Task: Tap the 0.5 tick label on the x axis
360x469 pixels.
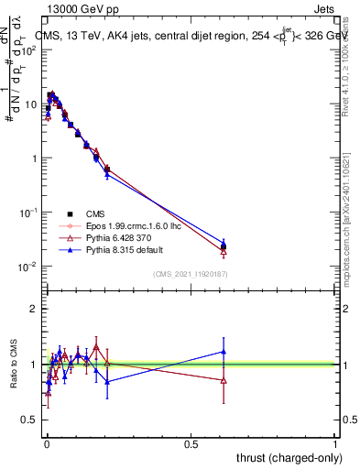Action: point(191,444)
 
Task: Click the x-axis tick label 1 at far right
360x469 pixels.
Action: point(335,444)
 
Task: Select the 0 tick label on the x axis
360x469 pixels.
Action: point(46,444)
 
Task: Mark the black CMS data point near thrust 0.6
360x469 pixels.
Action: point(224,246)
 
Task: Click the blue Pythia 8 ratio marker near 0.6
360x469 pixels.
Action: point(224,351)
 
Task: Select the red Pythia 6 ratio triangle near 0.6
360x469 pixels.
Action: point(224,380)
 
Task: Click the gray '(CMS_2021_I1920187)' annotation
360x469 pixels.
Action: point(191,273)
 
